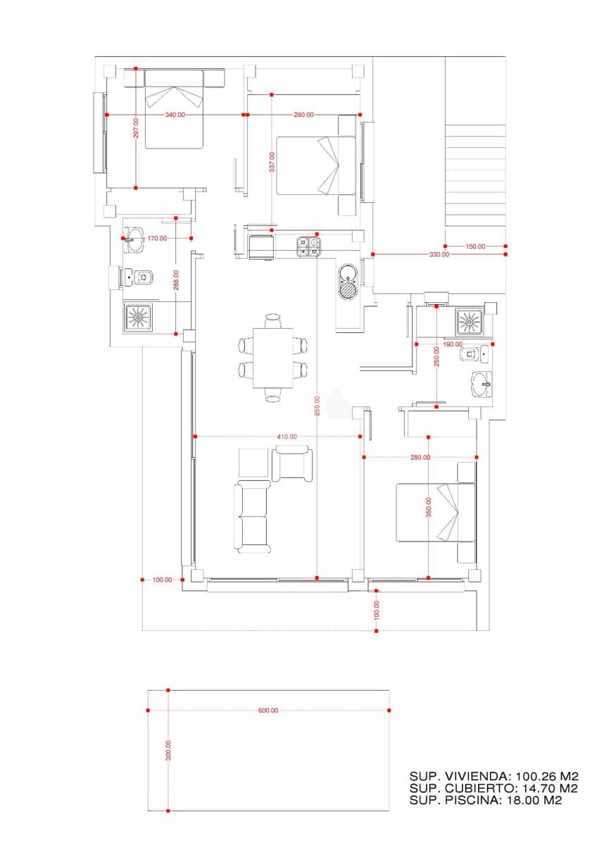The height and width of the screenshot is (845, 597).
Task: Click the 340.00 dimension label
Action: [x=175, y=114]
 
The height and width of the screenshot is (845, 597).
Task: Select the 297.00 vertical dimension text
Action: [x=136, y=128]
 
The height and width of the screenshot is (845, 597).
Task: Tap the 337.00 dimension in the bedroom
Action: [x=272, y=163]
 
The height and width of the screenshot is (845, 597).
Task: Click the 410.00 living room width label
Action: [x=287, y=437]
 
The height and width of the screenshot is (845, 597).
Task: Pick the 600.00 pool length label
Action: [x=268, y=711]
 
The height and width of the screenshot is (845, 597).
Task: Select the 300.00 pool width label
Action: [x=168, y=750]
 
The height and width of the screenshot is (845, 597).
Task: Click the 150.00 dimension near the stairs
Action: [x=475, y=246]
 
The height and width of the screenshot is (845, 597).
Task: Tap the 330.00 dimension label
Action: [x=439, y=254]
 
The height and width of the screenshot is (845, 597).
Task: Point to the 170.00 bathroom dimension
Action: [x=157, y=238]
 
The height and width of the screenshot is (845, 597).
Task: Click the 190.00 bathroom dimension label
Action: [x=453, y=344]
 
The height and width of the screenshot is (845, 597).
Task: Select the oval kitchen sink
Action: [x=348, y=282]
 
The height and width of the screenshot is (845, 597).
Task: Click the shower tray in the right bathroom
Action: [x=469, y=322]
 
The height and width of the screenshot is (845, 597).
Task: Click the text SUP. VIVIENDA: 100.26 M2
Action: [x=494, y=775]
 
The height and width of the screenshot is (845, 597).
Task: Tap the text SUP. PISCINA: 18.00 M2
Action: [x=485, y=800]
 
